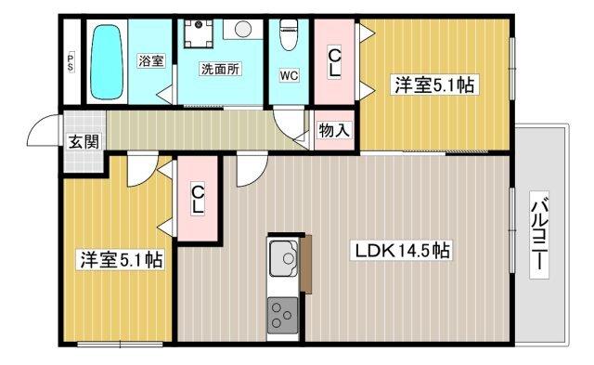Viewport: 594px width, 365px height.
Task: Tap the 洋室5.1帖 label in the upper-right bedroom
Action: (435, 85)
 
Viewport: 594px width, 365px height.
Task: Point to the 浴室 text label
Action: (151, 61)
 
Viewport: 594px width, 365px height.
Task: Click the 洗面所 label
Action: (222, 68)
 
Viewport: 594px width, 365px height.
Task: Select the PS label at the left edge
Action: (71, 63)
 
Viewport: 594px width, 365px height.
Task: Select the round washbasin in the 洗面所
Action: (244, 30)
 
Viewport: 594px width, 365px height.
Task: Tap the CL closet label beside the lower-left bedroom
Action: (198, 199)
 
